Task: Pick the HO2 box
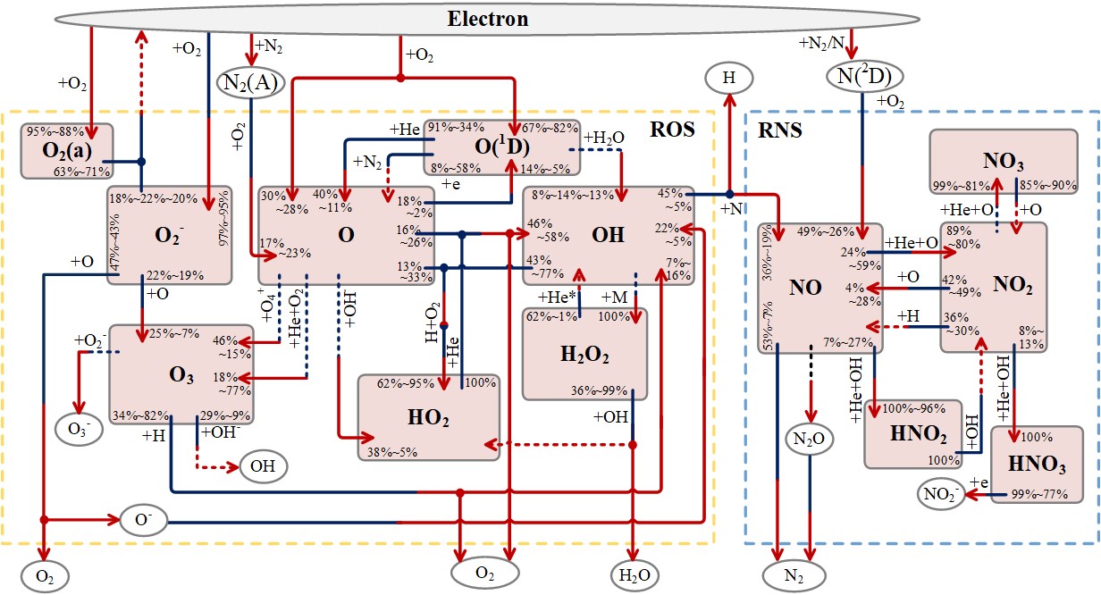pyautogui.click(x=428, y=417)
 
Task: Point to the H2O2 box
pyautogui.click(x=584, y=354)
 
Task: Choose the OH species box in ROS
pyautogui.click(x=608, y=236)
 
